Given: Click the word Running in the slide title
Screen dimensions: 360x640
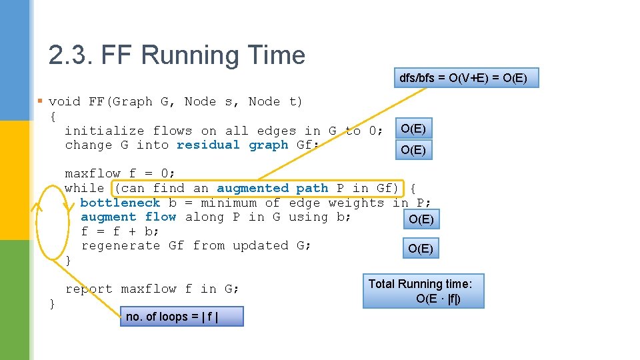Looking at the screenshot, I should pyautogui.click(x=183, y=55).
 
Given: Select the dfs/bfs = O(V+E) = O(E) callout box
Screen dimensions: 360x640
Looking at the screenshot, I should pyautogui.click(x=463, y=79).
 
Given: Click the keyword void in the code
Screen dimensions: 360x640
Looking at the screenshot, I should pyautogui.click(x=65, y=102).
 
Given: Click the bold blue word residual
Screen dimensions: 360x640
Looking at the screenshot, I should pyautogui.click(x=208, y=145).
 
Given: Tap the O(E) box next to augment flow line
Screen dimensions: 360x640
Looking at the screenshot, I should pyautogui.click(x=421, y=219).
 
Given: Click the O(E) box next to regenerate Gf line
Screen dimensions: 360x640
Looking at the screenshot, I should pyautogui.click(x=421, y=249).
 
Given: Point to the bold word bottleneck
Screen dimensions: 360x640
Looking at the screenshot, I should pyautogui.click(x=120, y=203).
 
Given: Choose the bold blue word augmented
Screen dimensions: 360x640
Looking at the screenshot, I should pyautogui.click(x=253, y=189).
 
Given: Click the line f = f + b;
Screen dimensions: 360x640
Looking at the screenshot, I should pyautogui.click(x=120, y=231).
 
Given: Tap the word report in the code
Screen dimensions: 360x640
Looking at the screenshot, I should pyautogui.click(x=89, y=289).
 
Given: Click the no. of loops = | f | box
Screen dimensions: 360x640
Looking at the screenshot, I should pyautogui.click(x=181, y=317).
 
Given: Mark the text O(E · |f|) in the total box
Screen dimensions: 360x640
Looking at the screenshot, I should pyautogui.click(x=438, y=299).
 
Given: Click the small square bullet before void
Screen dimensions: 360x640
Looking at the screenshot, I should pyautogui.click(x=40, y=101).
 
